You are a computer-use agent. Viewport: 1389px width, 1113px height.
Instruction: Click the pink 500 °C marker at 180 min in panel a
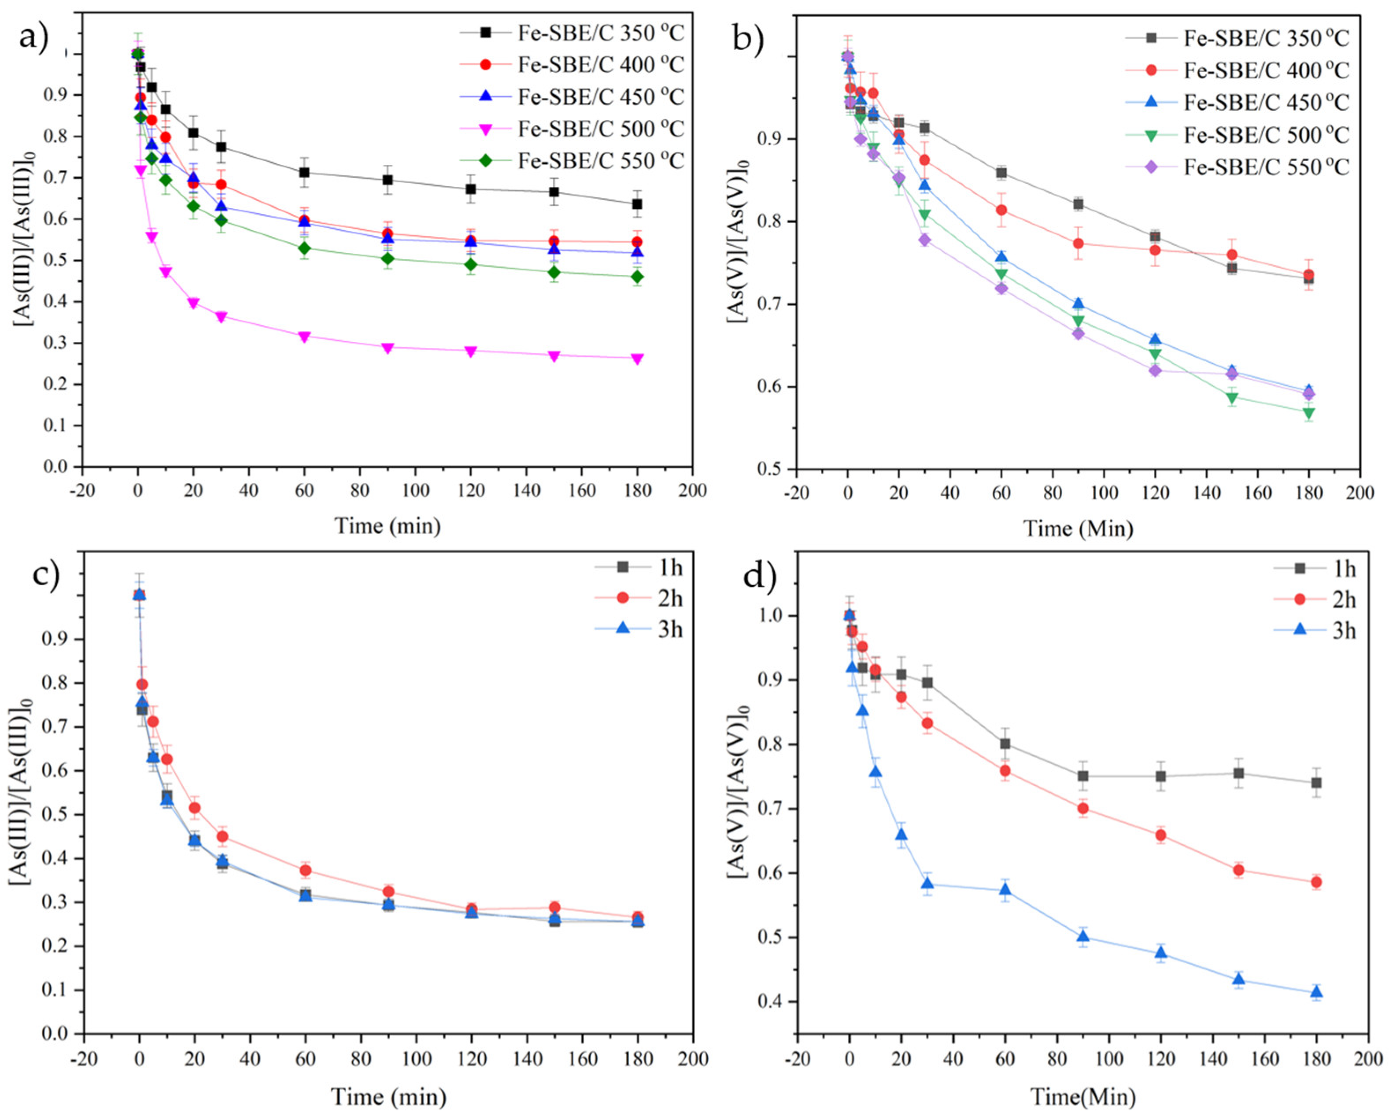[x=637, y=359]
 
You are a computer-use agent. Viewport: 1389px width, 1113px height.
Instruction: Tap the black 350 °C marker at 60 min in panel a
[x=304, y=173]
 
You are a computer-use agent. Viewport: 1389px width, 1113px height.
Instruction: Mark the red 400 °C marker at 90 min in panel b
[x=1078, y=244]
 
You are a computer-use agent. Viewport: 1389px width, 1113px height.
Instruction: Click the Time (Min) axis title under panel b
[x=1078, y=529]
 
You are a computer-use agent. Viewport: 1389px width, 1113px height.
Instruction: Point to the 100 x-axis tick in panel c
[x=416, y=1059]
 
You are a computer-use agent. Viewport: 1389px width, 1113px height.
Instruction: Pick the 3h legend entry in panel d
[x=1343, y=630]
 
